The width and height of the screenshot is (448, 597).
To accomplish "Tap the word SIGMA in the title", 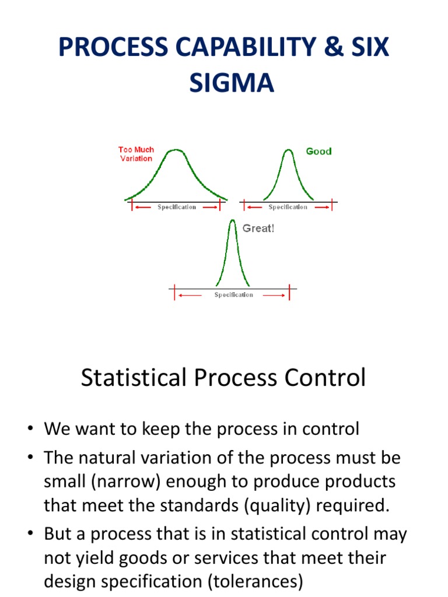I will point(232,83).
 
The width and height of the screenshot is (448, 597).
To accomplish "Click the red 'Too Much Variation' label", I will point(136,154).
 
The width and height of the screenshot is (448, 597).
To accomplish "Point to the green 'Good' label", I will point(319,151).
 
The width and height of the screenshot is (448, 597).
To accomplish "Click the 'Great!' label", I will point(258,229).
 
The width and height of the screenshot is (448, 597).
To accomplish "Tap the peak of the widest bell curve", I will point(176,150).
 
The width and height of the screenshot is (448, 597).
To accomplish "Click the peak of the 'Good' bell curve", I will point(288,150).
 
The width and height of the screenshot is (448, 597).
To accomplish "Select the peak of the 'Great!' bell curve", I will point(233,222).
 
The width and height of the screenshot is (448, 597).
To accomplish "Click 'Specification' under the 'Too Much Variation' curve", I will point(177,208).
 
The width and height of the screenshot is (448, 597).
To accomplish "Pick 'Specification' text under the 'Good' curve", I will point(288,208).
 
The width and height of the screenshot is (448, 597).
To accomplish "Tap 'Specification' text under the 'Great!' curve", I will point(233,295).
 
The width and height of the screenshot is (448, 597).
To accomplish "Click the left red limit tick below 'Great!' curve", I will point(174,294).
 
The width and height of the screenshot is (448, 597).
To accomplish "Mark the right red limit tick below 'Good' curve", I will point(332,206).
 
